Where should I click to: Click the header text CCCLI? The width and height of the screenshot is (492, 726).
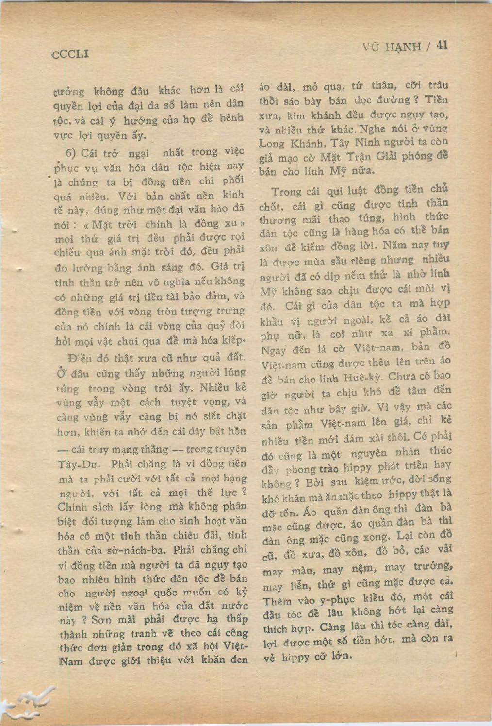click(70, 54)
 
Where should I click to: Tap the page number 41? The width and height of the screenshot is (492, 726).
click(441, 45)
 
